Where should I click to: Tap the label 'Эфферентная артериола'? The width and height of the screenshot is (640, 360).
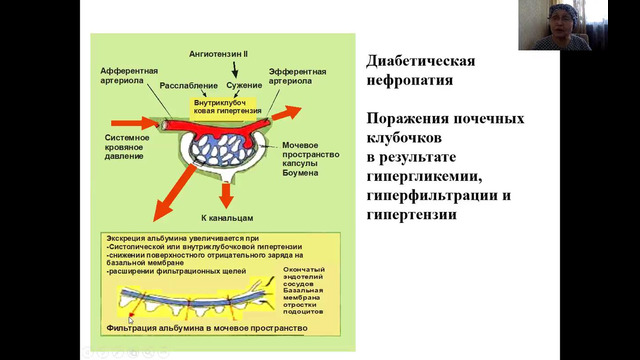[x=297, y=76]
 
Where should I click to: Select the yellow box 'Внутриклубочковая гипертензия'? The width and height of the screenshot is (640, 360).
[x=227, y=107]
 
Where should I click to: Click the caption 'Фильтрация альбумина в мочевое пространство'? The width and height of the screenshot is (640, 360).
[x=203, y=327]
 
